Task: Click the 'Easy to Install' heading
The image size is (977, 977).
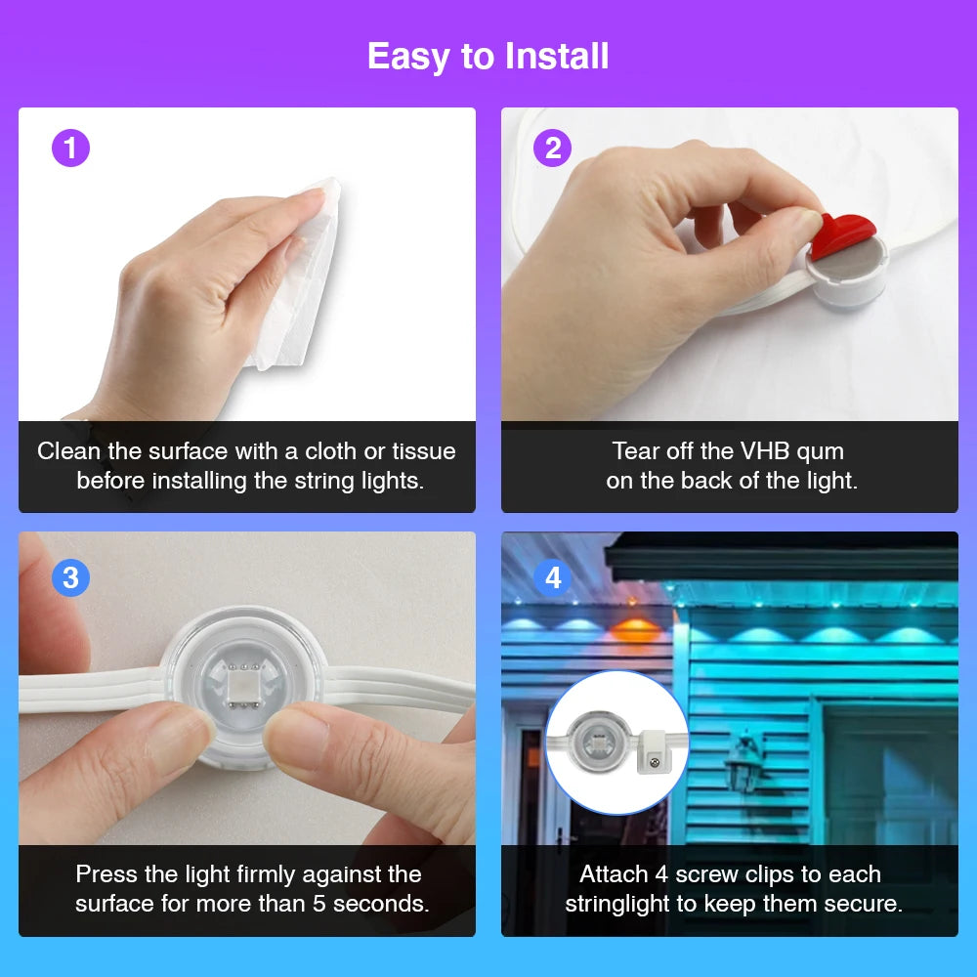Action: pyautogui.click(x=488, y=57)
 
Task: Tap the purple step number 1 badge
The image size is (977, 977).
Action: pyautogui.click(x=70, y=149)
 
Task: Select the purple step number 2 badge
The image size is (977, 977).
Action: pyautogui.click(x=553, y=149)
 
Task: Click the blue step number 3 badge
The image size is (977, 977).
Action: pyautogui.click(x=70, y=577)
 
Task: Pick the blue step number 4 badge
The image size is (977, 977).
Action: pyautogui.click(x=553, y=577)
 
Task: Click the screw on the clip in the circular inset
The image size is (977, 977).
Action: pyautogui.click(x=655, y=762)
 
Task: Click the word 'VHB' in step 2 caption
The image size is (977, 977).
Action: pyautogui.click(x=759, y=451)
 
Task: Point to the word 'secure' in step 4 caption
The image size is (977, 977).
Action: pyautogui.click(x=870, y=904)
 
